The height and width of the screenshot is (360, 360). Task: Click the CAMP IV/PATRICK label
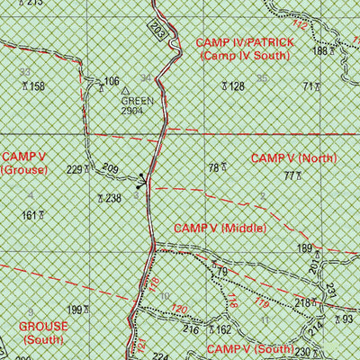(242, 42)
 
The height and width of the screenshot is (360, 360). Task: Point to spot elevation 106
(111, 82)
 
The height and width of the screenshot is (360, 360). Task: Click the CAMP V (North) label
(293, 158)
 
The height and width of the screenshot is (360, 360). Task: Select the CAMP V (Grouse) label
(19, 162)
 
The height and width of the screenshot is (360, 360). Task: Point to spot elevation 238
(110, 198)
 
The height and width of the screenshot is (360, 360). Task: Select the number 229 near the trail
(76, 169)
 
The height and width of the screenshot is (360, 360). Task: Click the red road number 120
(178, 310)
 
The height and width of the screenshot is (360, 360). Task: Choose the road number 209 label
(111, 168)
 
